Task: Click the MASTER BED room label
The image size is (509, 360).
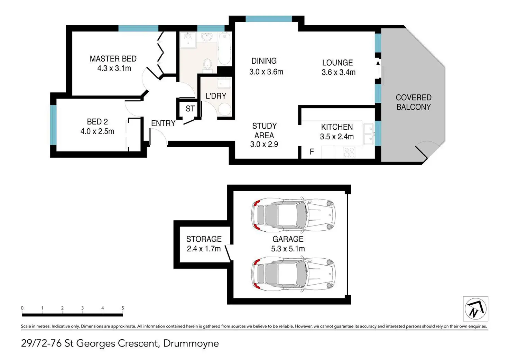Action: tap(113, 59)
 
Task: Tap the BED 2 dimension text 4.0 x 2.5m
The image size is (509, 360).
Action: tap(97, 131)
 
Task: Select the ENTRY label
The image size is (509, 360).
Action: tap(163, 123)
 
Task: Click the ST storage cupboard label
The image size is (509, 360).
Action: tap(190, 109)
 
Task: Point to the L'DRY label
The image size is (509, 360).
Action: tap(216, 96)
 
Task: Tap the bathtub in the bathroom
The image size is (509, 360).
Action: tap(224, 48)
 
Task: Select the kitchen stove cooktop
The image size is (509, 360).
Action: tap(349, 152)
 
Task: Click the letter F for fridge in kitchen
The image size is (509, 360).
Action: tap(312, 151)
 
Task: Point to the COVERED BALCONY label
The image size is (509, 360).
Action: tap(414, 102)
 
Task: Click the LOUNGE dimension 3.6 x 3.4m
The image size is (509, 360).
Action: tap(338, 72)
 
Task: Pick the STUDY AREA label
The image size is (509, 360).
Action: tap(264, 130)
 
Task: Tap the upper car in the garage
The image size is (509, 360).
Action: tap(293, 215)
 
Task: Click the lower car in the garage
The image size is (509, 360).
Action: tap(293, 274)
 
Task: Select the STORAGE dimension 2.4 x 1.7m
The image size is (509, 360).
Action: tap(204, 249)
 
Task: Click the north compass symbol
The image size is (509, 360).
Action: tap(475, 309)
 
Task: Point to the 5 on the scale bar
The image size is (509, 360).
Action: tap(123, 308)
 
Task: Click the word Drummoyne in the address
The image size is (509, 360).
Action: tap(191, 343)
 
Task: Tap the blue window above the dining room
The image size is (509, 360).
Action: tap(269, 19)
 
